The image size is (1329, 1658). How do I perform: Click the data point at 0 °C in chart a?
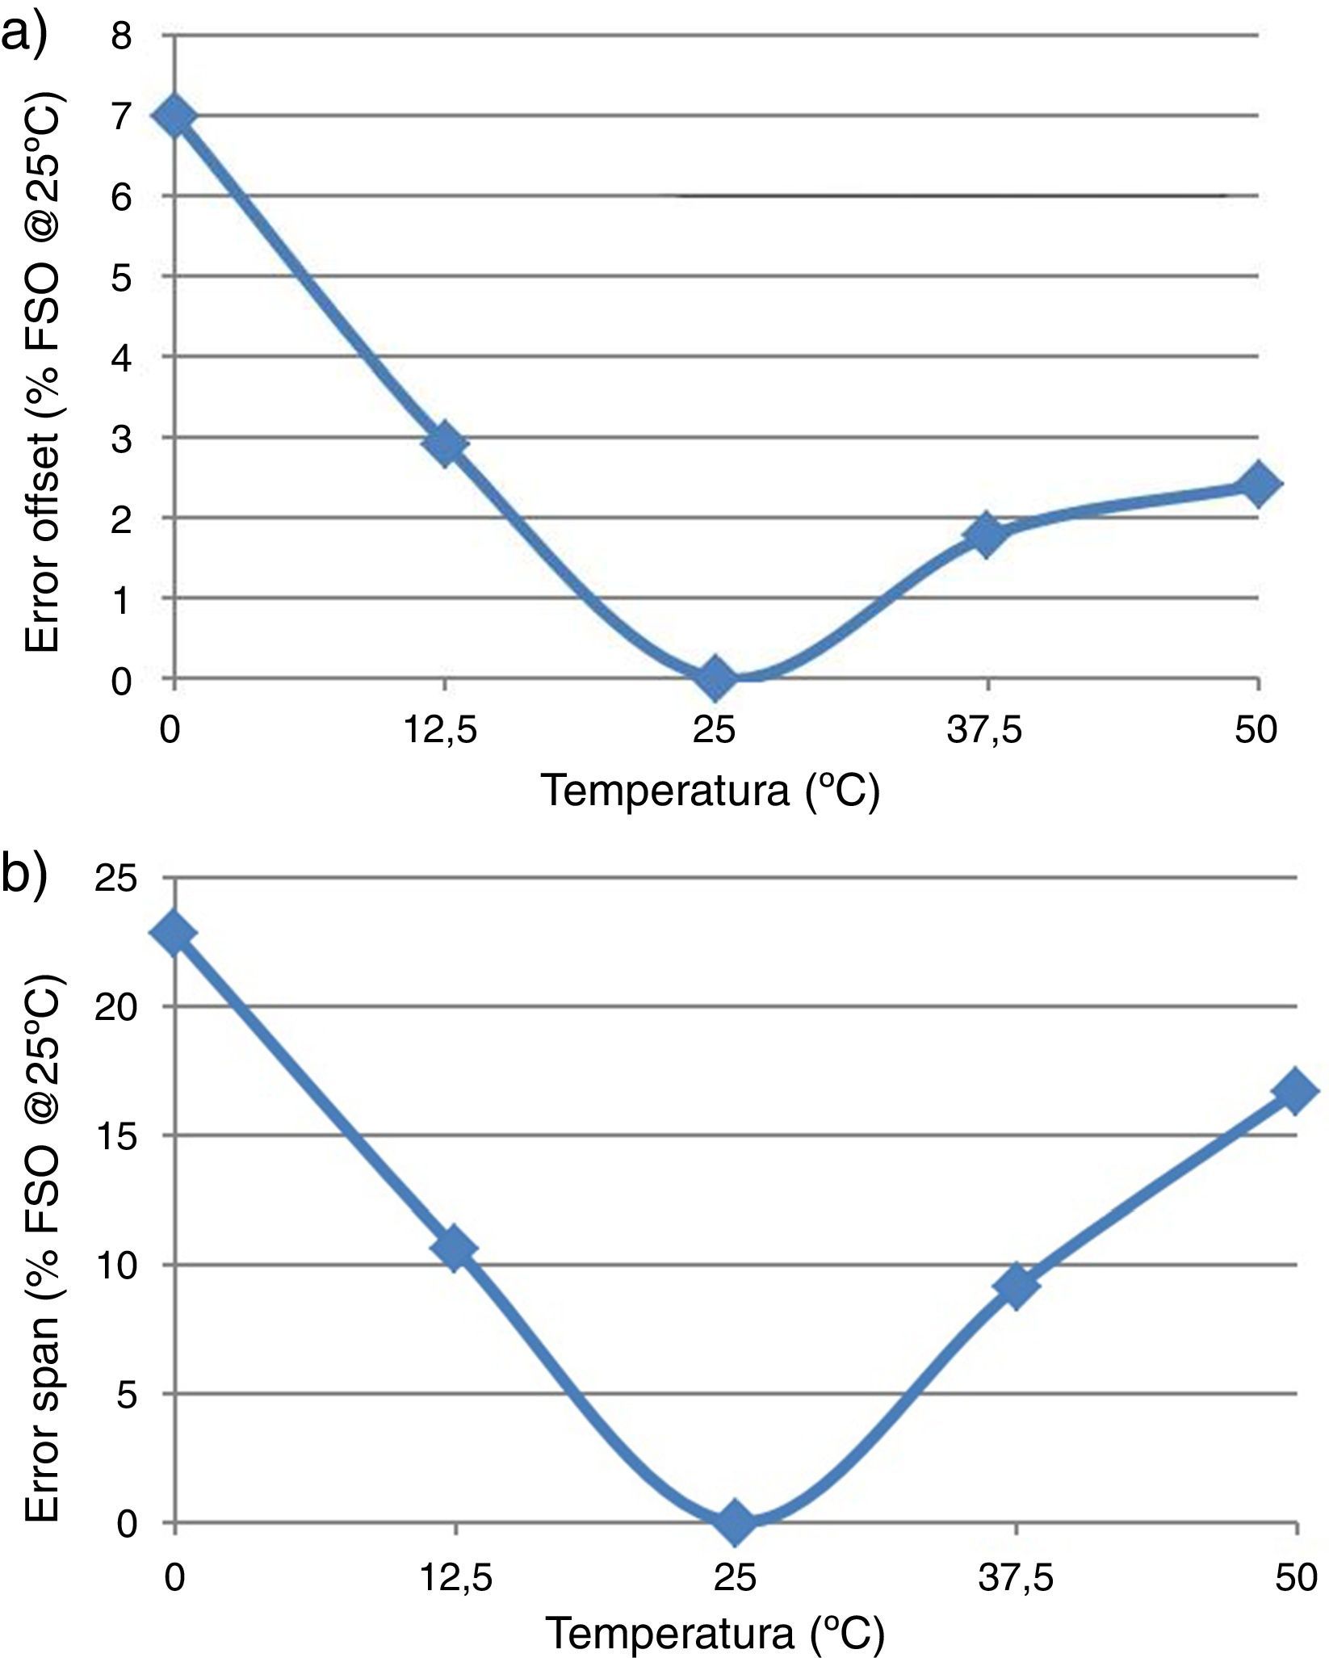tap(175, 116)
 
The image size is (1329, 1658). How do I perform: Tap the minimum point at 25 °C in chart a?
tap(716, 677)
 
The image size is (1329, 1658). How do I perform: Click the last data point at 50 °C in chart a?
tap(1257, 485)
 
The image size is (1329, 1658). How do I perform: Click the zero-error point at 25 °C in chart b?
tap(736, 1521)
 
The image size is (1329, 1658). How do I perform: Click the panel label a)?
tap(24, 34)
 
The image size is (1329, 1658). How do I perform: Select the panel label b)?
tap(24, 874)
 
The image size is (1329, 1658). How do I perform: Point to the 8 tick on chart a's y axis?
tap(121, 36)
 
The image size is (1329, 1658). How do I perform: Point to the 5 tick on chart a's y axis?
tap(121, 277)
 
